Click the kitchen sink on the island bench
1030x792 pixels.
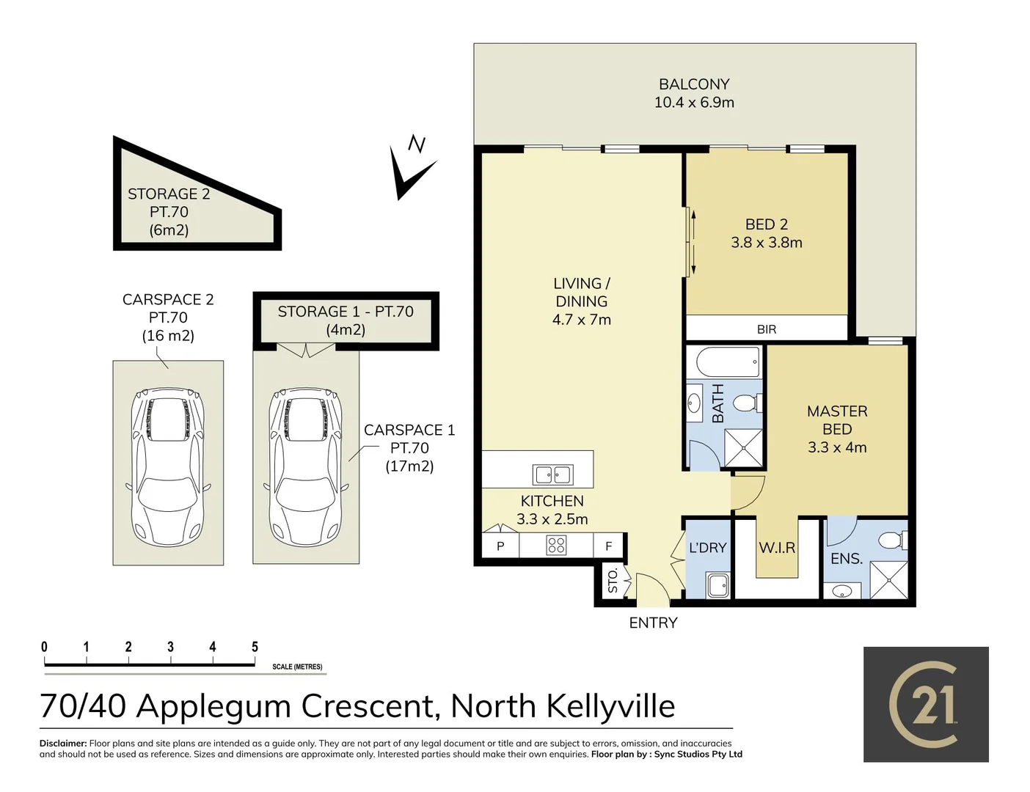click(552, 474)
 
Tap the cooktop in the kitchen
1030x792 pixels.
click(556, 545)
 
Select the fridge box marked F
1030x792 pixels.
click(609, 546)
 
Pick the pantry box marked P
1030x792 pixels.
click(500, 546)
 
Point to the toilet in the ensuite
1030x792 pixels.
click(893, 540)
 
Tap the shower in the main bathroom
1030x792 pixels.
click(744, 448)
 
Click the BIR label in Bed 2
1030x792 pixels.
click(767, 329)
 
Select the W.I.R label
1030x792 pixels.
click(777, 548)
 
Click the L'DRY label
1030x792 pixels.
click(708, 548)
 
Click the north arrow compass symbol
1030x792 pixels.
click(413, 169)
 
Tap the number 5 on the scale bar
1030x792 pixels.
click(255, 647)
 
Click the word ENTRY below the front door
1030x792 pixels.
click(653, 623)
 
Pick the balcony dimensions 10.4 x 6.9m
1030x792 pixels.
click(695, 103)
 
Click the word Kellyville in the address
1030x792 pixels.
click(611, 707)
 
